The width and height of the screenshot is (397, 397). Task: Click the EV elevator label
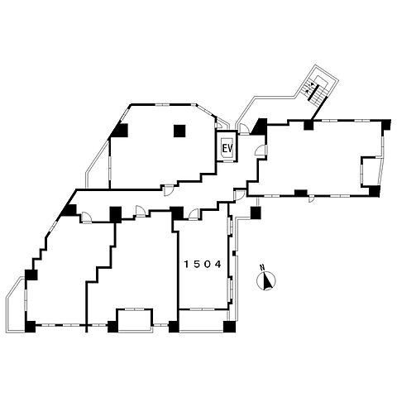click(227, 149)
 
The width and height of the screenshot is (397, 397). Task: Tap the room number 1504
click(203, 265)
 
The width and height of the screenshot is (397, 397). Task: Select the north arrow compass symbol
click(266, 281)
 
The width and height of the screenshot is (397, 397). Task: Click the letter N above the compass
click(262, 267)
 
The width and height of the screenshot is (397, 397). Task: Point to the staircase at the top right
click(317, 88)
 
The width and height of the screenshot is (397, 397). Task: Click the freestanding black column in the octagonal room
click(179, 131)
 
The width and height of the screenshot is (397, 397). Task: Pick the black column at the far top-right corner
click(385, 125)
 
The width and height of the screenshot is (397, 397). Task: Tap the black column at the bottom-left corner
click(30, 327)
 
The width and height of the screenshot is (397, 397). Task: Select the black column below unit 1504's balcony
click(229, 327)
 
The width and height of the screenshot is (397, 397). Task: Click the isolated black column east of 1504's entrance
click(256, 213)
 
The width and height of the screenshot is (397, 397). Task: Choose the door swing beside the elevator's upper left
click(219, 125)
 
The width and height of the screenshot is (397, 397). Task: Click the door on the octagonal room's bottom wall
click(168, 190)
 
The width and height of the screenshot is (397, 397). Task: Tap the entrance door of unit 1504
click(194, 214)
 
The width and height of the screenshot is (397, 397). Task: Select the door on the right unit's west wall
click(261, 151)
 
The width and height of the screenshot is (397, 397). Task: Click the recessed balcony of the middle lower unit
click(135, 320)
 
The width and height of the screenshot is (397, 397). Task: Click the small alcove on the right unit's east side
click(368, 171)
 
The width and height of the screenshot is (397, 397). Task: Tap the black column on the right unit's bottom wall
click(301, 193)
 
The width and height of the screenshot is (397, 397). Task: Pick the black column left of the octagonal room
click(120, 131)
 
